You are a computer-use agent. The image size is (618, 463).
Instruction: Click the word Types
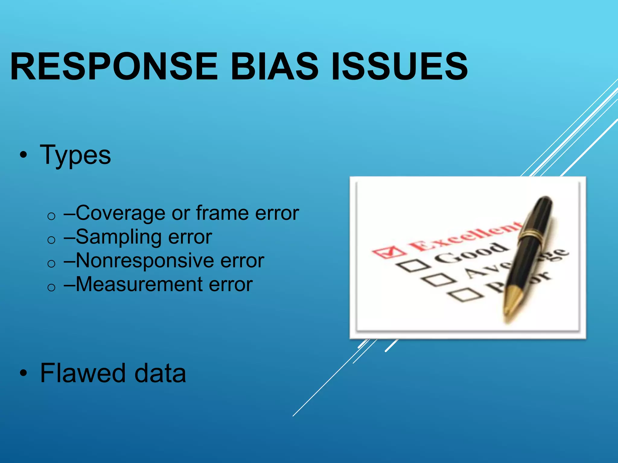tap(75, 155)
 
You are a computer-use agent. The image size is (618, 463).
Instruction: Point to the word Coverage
tap(121, 213)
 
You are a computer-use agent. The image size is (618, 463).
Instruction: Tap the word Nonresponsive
tap(145, 260)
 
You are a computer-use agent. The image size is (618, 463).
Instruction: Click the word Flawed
tap(83, 373)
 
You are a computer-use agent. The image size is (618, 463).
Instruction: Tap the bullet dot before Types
tap(23, 156)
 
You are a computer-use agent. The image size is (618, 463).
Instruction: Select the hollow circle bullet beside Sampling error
tap(52, 240)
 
